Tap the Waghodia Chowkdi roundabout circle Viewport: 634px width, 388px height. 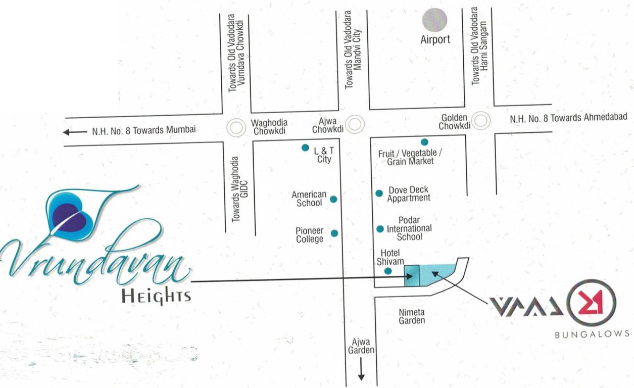pos(235,128)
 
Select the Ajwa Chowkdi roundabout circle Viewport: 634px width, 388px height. pos(357,123)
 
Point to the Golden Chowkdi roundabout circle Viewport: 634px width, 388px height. pos(482,120)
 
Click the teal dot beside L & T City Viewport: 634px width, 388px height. pos(305,148)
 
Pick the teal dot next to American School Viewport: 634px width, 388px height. pos(333,199)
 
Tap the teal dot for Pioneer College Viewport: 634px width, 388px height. pos(334,233)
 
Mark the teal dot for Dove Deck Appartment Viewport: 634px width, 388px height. pos(379,193)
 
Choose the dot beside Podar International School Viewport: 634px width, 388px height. pos(380,229)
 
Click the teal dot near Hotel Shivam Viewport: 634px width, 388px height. pos(388,271)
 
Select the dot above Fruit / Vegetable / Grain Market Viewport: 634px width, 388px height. pos(424,142)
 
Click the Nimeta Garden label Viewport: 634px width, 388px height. pos(412,316)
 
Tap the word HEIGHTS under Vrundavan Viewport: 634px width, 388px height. pos(156,296)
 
